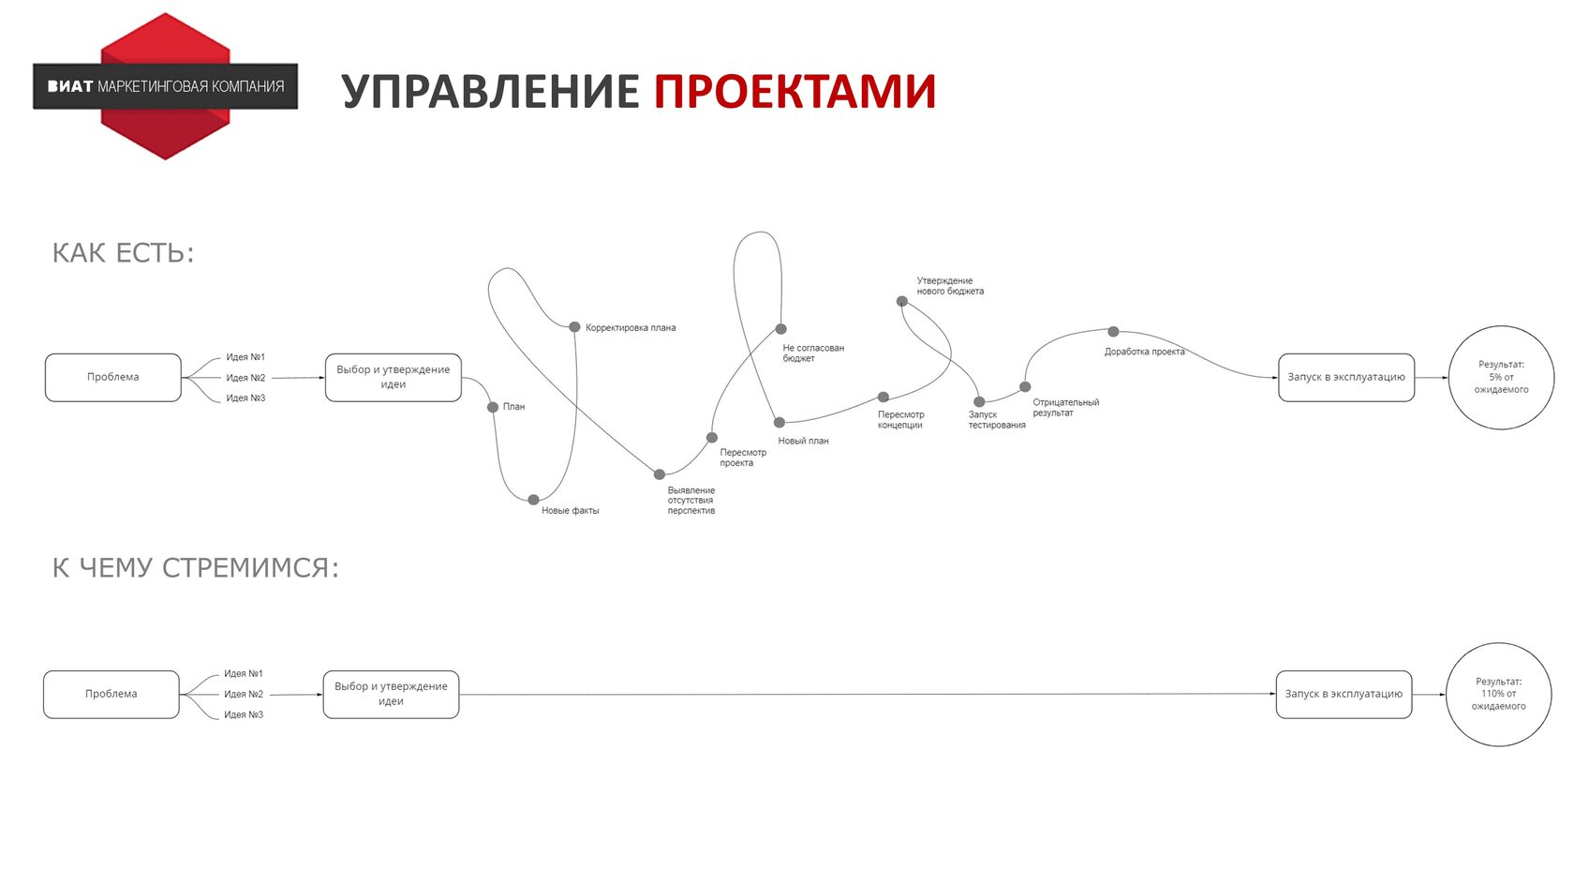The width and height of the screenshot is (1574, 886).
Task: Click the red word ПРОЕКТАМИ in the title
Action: click(794, 92)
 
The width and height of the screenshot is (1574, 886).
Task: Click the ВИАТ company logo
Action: click(165, 86)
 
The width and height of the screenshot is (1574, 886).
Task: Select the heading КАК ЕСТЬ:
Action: click(123, 253)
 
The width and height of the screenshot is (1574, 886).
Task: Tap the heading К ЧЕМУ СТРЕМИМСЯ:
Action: click(195, 568)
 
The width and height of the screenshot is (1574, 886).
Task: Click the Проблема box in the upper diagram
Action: click(112, 377)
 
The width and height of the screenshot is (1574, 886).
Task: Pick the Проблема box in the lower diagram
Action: click(111, 694)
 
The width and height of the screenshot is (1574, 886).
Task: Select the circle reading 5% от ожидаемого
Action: click(1501, 377)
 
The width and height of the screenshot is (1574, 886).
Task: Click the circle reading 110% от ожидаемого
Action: click(1498, 694)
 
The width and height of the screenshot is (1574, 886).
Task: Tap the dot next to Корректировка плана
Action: click(574, 327)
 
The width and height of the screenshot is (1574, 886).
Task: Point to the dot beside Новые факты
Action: click(533, 500)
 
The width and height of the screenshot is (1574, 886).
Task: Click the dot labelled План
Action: click(493, 407)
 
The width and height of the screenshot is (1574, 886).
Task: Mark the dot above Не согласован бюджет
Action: click(780, 329)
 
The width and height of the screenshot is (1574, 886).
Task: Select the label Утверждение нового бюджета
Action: click(950, 286)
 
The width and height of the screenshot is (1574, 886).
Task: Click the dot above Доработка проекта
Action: click(1113, 332)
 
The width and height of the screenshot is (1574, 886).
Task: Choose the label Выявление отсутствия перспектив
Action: click(691, 501)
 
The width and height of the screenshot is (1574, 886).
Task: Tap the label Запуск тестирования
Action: click(996, 420)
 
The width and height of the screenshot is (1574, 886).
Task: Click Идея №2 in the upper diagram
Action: click(245, 378)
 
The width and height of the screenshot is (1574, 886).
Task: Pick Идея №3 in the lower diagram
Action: click(244, 714)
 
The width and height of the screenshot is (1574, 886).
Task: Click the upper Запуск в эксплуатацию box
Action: click(1345, 377)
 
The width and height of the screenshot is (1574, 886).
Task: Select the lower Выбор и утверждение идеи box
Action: click(391, 694)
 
